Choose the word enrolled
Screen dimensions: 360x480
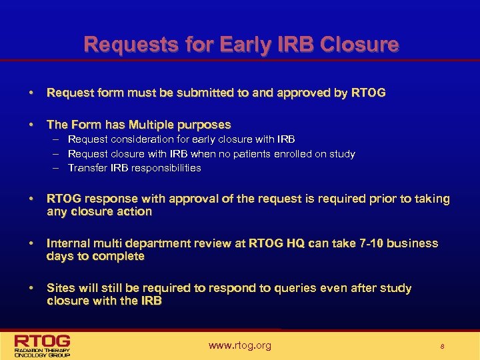click(313, 154)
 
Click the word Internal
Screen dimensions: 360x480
click(69, 243)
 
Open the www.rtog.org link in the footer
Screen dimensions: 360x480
click(239, 345)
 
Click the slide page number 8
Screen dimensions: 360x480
click(441, 346)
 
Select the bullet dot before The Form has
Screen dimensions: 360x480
click(32, 125)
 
